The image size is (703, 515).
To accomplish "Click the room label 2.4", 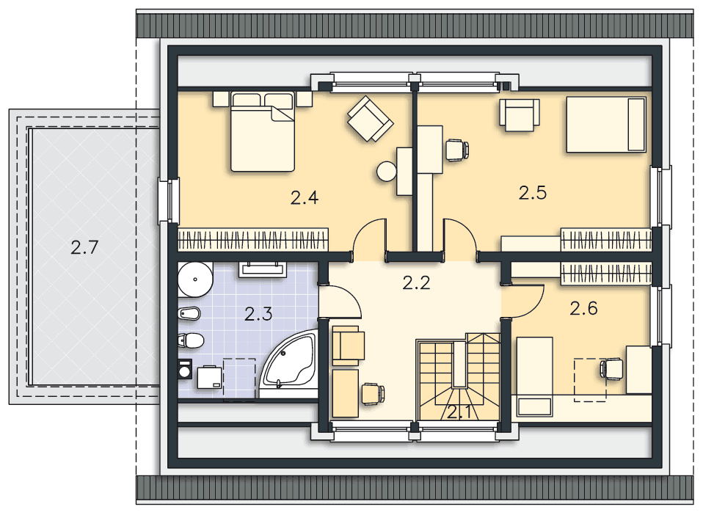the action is [305, 197].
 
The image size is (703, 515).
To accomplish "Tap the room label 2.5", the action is [533, 193].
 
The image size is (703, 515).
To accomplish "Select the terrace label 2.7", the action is [84, 247].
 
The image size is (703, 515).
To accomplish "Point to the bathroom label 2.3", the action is [258, 314].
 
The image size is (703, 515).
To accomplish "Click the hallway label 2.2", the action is [417, 283].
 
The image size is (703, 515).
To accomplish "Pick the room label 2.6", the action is [583, 308].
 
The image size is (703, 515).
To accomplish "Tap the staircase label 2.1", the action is [459, 412].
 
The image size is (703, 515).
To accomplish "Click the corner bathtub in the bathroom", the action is [288, 365].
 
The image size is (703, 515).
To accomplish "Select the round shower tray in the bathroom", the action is [195, 280].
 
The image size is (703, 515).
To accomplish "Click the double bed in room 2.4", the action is [263, 131].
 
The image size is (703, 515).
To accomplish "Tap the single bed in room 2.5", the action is [605, 124].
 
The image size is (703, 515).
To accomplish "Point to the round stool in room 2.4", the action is [387, 171].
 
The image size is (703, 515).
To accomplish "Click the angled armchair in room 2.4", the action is [371, 118].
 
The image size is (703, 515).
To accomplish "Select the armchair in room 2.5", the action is [520, 115].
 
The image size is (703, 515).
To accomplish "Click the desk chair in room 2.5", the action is [457, 150].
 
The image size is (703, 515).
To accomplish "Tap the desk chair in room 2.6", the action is [611, 369].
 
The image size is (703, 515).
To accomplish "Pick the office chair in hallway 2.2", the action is [373, 394].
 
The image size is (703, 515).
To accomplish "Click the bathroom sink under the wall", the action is [262, 269].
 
